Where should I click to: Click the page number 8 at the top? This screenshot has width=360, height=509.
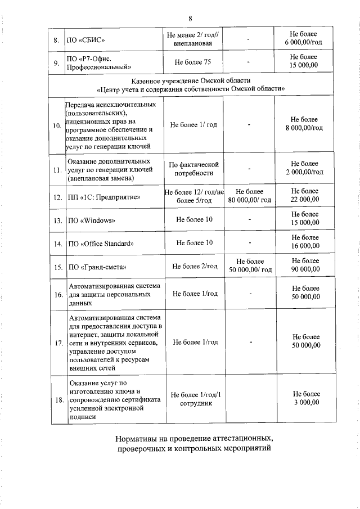pos(182,17)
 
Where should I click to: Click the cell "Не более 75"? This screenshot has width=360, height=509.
pos(192,61)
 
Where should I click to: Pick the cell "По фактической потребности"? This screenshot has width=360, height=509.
pos(193,169)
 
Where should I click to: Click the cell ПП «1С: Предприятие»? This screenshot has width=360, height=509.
pos(103,197)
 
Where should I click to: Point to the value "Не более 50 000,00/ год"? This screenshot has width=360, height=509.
pos(250,265)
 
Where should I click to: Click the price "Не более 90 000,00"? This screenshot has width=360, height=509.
pos(304,265)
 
